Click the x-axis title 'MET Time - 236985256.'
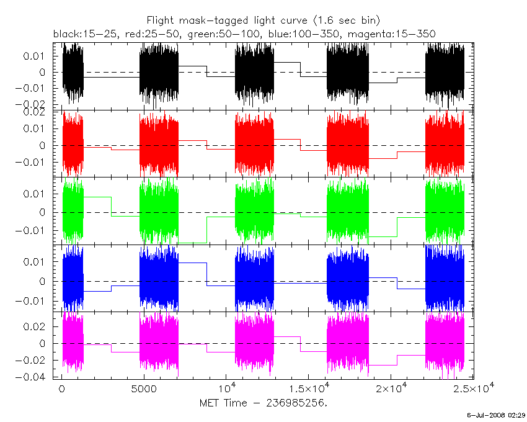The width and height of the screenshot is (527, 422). (x=263, y=402)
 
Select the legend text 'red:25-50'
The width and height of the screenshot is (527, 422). (x=136, y=32)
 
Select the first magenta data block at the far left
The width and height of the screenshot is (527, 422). (x=73, y=343)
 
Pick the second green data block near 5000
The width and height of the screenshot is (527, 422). (x=159, y=212)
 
